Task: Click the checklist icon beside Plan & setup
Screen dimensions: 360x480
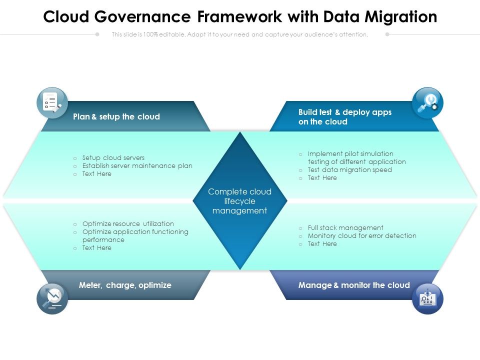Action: click(x=52, y=102)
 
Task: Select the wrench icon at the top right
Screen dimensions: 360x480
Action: click(x=427, y=102)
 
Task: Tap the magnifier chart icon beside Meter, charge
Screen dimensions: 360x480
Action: click(x=52, y=298)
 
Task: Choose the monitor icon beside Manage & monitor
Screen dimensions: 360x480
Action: click(x=427, y=298)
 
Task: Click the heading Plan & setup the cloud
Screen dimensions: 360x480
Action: click(x=116, y=117)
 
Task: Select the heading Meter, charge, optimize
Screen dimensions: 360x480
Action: click(x=125, y=285)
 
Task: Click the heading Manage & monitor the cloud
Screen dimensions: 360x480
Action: click(x=354, y=285)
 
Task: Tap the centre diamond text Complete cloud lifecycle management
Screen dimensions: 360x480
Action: click(x=240, y=201)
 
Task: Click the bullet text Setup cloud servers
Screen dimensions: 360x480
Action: click(x=113, y=158)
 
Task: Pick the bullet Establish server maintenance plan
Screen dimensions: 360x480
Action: click(x=137, y=166)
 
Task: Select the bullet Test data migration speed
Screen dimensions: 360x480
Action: click(x=349, y=170)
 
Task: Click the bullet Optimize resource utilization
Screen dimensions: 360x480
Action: click(x=128, y=224)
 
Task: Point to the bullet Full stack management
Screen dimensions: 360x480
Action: click(x=345, y=228)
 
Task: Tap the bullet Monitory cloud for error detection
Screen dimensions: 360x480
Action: click(x=362, y=236)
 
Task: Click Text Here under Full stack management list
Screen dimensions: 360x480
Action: click(x=322, y=244)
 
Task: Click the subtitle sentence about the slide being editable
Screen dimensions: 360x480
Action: click(x=240, y=34)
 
